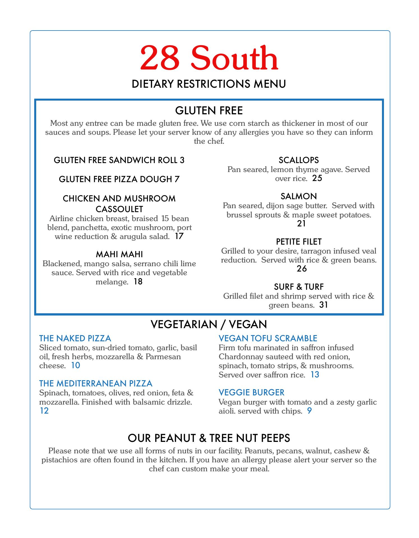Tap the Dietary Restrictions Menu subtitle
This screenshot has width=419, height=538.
click(209, 84)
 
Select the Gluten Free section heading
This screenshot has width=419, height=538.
click(209, 111)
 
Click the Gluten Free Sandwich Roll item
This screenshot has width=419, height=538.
click(119, 160)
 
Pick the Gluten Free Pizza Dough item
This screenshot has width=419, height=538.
click(119, 179)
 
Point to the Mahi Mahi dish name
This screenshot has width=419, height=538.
click(119, 254)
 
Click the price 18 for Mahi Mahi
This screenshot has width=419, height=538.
click(138, 282)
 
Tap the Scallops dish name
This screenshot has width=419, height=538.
click(299, 160)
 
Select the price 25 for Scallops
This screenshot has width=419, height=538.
click(317, 178)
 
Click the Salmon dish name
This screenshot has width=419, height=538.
click(299, 196)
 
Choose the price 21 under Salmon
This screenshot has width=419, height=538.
click(301, 223)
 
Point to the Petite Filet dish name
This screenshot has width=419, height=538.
click(299, 242)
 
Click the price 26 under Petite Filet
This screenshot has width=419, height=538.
click(302, 269)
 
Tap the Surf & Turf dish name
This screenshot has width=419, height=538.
click(299, 287)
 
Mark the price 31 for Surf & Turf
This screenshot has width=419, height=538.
click(324, 305)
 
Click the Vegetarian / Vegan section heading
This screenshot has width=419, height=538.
click(209, 324)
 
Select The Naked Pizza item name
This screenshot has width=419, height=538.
click(75, 338)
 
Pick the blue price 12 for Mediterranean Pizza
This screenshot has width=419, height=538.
click(44, 411)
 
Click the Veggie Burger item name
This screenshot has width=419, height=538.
click(251, 392)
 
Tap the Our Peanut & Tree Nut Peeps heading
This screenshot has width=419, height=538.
click(209, 438)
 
